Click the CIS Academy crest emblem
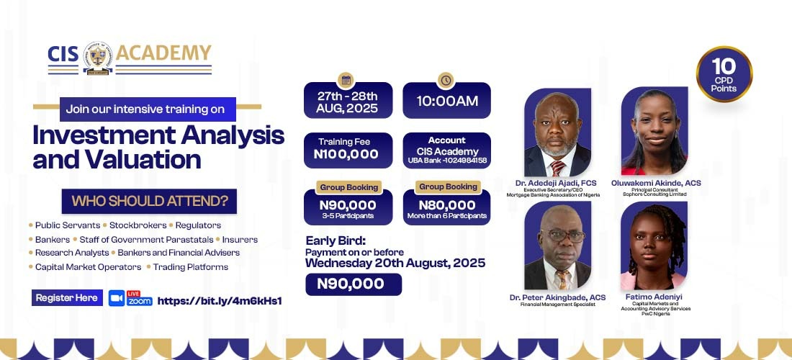point(97,58)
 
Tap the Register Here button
point(67,298)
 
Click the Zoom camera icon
point(117,298)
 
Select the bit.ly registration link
point(219,302)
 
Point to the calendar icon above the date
point(346,81)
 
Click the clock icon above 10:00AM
point(446,81)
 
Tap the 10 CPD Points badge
point(724,74)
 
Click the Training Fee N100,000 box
point(348,150)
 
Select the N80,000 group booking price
point(447,205)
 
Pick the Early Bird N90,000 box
point(354,284)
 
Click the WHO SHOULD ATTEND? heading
point(149,202)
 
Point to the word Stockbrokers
point(137,225)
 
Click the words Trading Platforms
point(190,267)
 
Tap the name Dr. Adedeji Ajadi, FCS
point(556,184)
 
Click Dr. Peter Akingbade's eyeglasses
point(563,235)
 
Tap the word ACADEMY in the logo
point(163,53)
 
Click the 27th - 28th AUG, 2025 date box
point(348,101)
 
